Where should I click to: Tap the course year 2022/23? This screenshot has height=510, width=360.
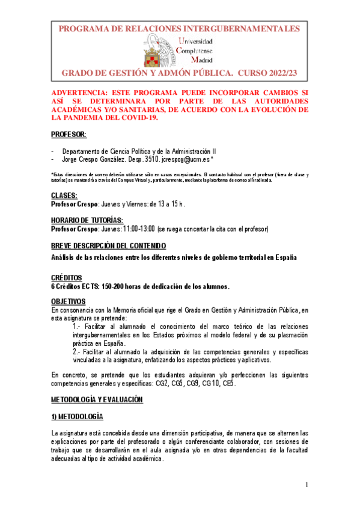(272, 73)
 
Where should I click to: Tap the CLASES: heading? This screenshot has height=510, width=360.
(64, 195)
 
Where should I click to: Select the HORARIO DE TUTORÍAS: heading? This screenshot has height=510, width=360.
(87, 221)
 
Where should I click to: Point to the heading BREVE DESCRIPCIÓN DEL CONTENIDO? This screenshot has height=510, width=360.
(108, 245)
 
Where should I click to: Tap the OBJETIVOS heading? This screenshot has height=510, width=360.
(68, 301)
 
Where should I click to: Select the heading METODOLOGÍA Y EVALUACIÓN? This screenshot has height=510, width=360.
(96, 399)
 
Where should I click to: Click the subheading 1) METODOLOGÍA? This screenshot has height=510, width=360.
(77, 416)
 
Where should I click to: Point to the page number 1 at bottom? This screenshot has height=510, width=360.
(306, 485)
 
